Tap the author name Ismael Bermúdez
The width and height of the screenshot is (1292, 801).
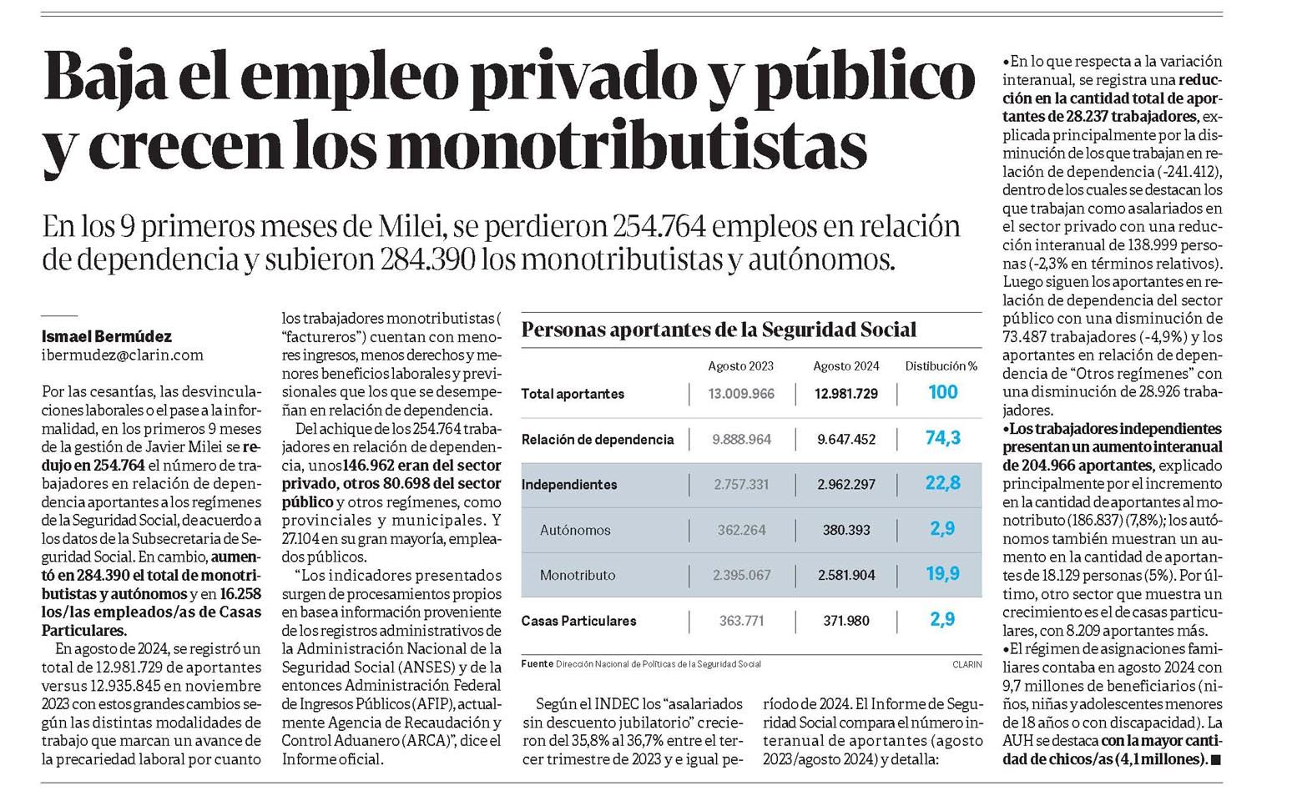click(x=107, y=336)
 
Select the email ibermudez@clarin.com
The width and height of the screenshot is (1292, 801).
click(x=123, y=355)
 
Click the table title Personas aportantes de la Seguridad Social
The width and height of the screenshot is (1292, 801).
click(x=719, y=330)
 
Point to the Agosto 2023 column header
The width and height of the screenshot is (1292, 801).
click(x=740, y=366)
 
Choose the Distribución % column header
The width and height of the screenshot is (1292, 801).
click(x=941, y=366)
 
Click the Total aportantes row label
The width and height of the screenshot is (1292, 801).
click(x=573, y=394)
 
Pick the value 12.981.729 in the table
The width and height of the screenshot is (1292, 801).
click(x=846, y=394)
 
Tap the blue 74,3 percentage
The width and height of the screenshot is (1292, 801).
click(x=943, y=438)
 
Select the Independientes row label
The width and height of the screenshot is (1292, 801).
click(x=569, y=485)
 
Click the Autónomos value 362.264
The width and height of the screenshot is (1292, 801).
click(x=741, y=530)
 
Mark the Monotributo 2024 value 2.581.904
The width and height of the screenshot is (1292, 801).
click(x=846, y=575)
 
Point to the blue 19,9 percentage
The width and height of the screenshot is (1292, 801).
click(x=943, y=574)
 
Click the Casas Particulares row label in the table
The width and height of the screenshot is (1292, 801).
click(x=578, y=621)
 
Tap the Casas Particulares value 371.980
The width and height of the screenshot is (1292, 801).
click(x=846, y=621)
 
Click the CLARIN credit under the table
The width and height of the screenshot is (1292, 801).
click(x=967, y=664)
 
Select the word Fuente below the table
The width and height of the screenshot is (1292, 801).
click(x=537, y=664)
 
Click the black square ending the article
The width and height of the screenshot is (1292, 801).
click(x=1216, y=760)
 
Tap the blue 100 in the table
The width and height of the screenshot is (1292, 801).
click(x=943, y=392)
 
